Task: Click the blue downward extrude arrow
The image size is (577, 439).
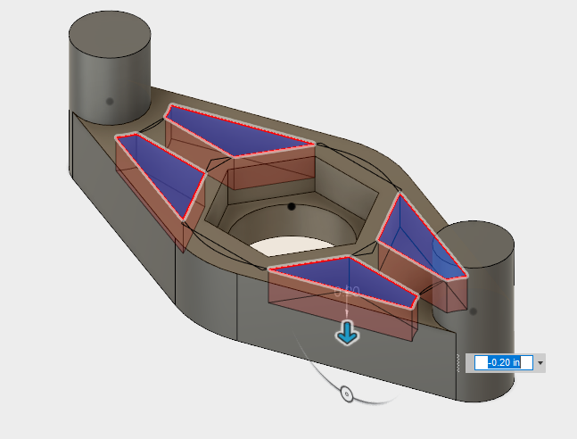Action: [347, 334]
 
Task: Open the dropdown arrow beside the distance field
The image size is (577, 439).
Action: [540, 363]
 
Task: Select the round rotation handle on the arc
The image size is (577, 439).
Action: [347, 393]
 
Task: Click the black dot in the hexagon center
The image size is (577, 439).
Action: [292, 206]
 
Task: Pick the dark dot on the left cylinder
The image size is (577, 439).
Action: [110, 101]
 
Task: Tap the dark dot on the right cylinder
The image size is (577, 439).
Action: [473, 311]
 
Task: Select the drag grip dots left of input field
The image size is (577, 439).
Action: [459, 363]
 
